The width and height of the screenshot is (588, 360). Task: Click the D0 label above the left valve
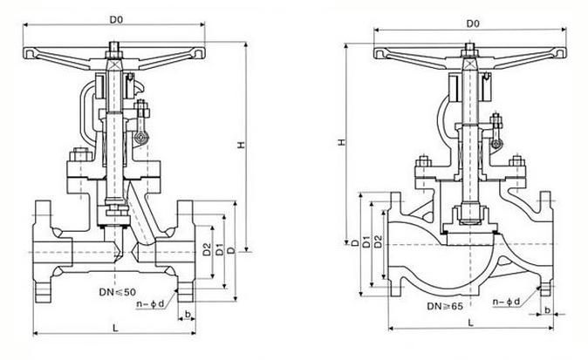[x=116, y=19]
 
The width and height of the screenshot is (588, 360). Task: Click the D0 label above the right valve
[x=473, y=24]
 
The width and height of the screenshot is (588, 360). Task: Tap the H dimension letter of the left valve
[x=241, y=145]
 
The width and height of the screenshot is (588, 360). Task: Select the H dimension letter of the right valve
[x=341, y=142]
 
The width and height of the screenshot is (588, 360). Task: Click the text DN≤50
[x=118, y=292]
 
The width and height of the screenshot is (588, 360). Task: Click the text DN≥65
[x=445, y=307]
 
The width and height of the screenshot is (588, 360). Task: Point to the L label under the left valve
[x=115, y=328]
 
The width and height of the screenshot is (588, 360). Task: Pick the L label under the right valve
[x=471, y=323]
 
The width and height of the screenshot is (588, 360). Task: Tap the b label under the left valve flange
[x=188, y=314]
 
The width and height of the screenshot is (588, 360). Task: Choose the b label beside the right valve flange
[x=548, y=309]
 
